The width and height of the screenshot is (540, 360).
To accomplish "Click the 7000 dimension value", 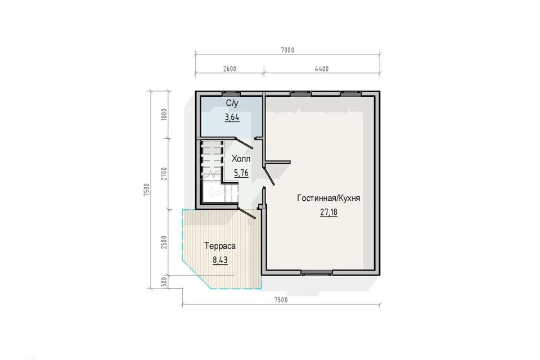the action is (287, 50).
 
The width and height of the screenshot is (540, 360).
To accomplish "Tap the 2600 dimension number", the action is (229, 69).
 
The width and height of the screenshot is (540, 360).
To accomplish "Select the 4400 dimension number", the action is (322, 69).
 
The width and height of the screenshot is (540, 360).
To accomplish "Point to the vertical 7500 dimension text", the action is (147, 190).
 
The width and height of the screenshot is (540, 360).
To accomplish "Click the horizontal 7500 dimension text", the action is (281, 300).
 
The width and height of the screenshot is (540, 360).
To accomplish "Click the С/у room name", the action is (232, 103).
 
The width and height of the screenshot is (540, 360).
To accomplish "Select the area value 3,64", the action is (232, 118).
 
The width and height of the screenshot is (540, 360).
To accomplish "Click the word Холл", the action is (241, 159).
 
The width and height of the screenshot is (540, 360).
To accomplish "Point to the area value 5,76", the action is (241, 173).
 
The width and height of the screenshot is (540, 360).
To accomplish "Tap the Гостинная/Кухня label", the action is (328, 199).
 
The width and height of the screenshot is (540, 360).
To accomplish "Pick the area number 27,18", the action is (329, 212).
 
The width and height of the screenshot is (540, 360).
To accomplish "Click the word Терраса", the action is (220, 246).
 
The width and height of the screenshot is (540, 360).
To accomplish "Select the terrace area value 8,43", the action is (220, 260).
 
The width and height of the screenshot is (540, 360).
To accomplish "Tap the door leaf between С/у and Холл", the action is (244, 143).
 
